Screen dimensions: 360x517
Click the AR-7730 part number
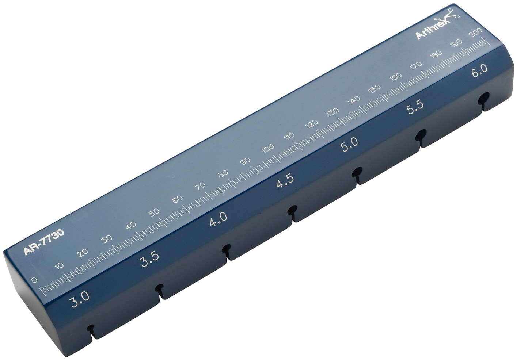tap(43, 242)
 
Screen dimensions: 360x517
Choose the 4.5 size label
tap(285, 181)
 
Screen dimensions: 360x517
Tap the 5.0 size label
tap(349, 144)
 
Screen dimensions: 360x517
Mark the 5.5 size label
tap(415, 107)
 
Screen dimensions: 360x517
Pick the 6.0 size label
tap(479, 70)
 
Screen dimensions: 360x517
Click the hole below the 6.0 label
tap(484, 98)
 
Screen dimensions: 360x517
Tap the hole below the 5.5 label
tap(421, 134)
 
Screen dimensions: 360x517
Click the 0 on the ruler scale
tap(34, 280)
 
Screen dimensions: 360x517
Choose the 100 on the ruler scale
tap(268, 148)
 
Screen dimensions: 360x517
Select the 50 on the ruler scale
tap(154, 212)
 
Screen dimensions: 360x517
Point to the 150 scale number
tap(374, 89)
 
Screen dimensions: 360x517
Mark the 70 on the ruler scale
tap(200, 187)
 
